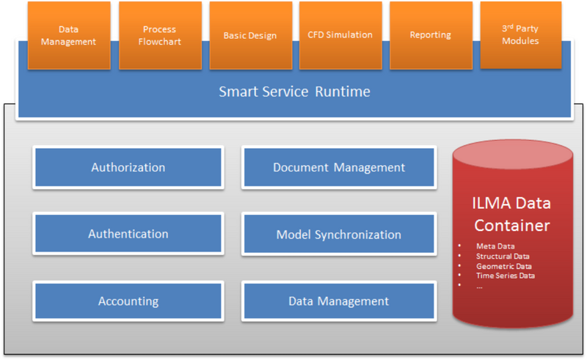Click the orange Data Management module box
coord(69,35)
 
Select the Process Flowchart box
coord(160,35)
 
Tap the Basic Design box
coord(251,35)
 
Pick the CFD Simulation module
coord(340,35)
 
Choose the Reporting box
coord(431,35)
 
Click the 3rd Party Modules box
coord(521,35)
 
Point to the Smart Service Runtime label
coord(295,92)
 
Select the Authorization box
coord(128,167)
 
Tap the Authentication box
coord(128,234)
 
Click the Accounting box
coord(128,301)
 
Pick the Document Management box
coord(339,167)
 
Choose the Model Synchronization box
coord(339,235)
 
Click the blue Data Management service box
coord(339,301)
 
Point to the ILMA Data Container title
coord(511,214)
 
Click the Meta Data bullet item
coord(495,246)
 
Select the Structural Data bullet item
coord(503,257)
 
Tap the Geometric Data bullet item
coord(504,266)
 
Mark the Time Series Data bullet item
coord(506,276)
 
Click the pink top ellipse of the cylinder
coord(513,154)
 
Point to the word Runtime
coord(343,92)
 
